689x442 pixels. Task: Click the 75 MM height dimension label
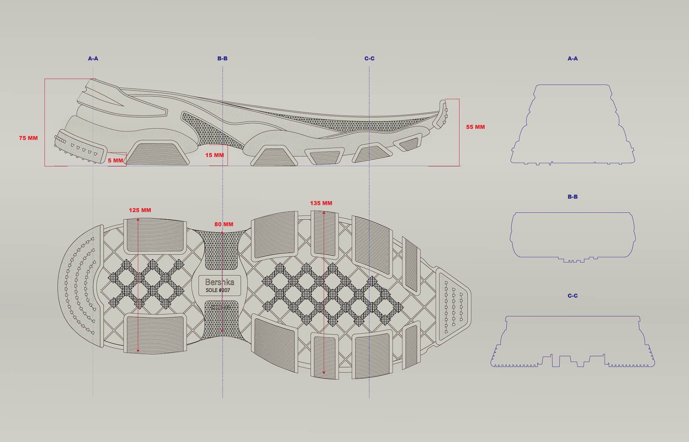(28, 138)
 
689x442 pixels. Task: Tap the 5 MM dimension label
(116, 161)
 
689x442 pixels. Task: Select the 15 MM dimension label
(215, 155)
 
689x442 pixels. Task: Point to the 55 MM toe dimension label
(475, 127)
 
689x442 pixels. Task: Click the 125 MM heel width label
(140, 210)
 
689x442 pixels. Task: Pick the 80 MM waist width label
(224, 224)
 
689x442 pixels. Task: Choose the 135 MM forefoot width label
(321, 203)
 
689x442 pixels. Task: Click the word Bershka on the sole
(220, 282)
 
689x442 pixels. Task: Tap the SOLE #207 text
(218, 290)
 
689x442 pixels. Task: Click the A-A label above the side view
(93, 58)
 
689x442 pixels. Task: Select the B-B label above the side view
(222, 58)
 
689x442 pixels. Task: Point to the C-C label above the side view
(369, 58)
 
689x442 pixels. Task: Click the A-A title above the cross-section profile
(573, 58)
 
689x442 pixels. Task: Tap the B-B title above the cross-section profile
(573, 197)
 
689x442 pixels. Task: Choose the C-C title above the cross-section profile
(573, 296)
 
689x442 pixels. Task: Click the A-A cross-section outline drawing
(573, 125)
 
